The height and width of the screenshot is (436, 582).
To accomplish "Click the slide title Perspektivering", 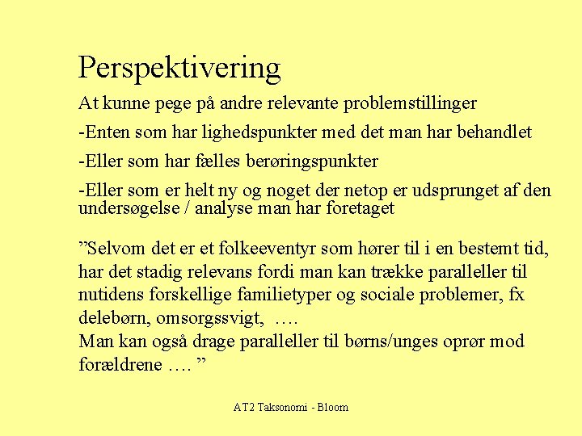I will pos(179,69).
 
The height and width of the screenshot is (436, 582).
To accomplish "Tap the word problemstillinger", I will pos(410,104).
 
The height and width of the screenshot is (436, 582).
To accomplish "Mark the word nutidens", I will pos(108,295).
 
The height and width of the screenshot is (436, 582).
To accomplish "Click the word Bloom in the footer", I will pos(332,408).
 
